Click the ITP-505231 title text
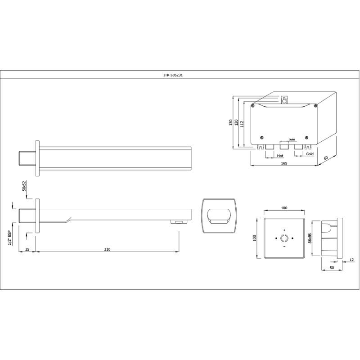pyautogui.click(x=173, y=75)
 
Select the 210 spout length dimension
pyautogui.click(x=107, y=249)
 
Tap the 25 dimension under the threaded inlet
pyautogui.click(x=27, y=249)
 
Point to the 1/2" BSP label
pyautogui.click(x=9, y=237)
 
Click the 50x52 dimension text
pyautogui.click(x=24, y=186)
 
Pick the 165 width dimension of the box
pyautogui.click(x=284, y=163)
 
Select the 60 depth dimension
pyautogui.click(x=326, y=158)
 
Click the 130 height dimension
pyautogui.click(x=231, y=122)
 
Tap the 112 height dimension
pyautogui.click(x=242, y=124)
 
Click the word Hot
pyautogui.click(x=280, y=156)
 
